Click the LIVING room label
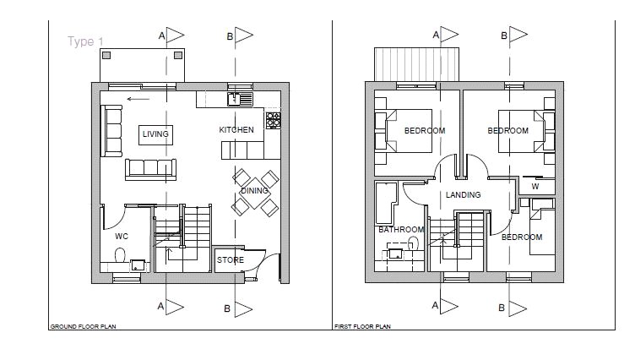point(155,134)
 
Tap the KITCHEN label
point(236,130)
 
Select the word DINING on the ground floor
point(254,190)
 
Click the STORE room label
point(231,260)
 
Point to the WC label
point(122,237)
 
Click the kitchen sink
point(240,99)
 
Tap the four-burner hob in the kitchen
point(274,120)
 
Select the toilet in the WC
point(120,255)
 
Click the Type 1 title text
point(85,41)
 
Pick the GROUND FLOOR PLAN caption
point(83,326)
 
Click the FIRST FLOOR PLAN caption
point(362,326)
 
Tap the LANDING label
point(464,195)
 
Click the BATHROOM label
point(401,230)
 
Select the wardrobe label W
point(535,187)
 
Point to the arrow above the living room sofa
point(138,99)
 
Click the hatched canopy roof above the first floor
point(416,64)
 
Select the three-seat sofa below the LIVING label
point(150,169)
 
